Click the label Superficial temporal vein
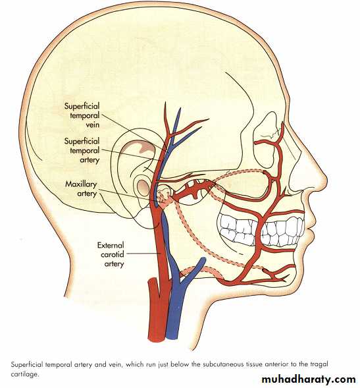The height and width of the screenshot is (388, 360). (x=82, y=115)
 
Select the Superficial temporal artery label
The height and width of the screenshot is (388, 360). (x=82, y=150)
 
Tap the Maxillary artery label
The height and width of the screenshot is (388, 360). (x=81, y=189)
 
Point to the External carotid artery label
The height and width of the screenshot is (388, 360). (x=111, y=255)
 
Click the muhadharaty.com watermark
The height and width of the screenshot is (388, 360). (x=309, y=379)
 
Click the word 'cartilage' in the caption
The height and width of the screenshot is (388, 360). (x=24, y=374)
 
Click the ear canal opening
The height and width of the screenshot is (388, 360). (x=142, y=187)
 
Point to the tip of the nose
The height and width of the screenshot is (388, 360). (x=326, y=178)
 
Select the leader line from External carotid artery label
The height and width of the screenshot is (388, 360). (x=143, y=254)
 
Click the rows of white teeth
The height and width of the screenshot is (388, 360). (x=261, y=230)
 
